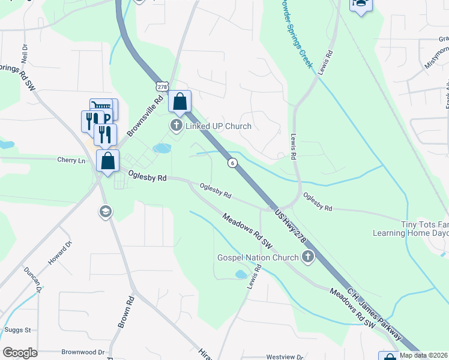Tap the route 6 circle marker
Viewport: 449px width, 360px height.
pyautogui.click(x=232, y=163)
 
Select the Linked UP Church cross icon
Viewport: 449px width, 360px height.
pyautogui.click(x=176, y=126)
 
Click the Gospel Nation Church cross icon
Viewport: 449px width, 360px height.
pyautogui.click(x=308, y=257)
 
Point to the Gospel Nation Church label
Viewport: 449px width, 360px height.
pyautogui.click(x=258, y=258)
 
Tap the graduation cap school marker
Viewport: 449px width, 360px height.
pyautogui.click(x=105, y=212)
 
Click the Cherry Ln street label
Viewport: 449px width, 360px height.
pyautogui.click(x=72, y=161)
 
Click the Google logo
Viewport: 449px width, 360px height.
pyautogui.click(x=20, y=353)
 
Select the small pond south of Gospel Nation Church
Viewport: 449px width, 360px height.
pyautogui.click(x=241, y=274)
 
